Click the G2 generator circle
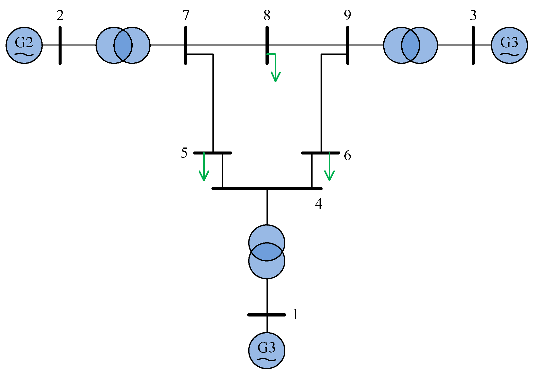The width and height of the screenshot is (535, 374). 24,45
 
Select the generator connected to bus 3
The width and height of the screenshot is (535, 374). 509,45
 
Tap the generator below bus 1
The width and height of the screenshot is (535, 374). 266,350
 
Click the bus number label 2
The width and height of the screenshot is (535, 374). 60,16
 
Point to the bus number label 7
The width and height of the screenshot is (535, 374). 185,16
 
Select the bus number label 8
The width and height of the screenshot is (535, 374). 267,16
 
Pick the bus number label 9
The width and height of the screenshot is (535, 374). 347,15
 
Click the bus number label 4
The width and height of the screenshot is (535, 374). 318,204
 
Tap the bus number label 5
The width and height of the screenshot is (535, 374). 184,153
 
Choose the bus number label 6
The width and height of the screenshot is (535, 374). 347,155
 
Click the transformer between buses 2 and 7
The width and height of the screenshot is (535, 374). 123,45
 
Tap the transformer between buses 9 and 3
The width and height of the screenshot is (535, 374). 410,45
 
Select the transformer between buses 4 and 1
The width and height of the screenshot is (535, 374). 266,251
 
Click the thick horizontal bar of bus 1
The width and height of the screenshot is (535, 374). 266,315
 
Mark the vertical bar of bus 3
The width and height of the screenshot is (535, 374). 473,45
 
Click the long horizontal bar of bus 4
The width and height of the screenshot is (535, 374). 267,188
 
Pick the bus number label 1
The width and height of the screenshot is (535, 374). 295,314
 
